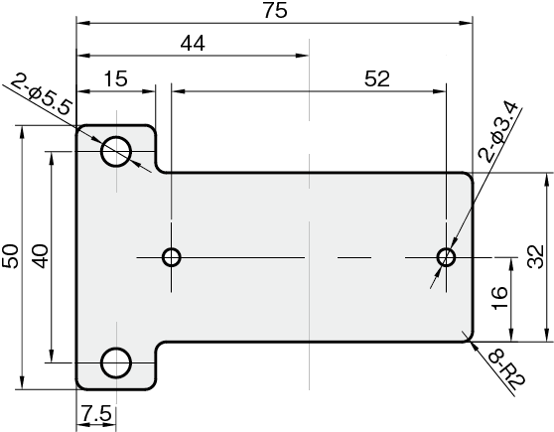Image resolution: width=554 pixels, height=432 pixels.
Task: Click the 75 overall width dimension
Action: coord(275,10)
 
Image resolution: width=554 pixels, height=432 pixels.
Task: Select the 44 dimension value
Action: coord(193,44)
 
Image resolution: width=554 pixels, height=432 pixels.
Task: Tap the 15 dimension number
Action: coord(116,78)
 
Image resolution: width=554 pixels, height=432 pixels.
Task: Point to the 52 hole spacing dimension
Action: coord(377,78)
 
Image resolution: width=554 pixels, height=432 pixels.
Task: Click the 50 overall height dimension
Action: coord(10,256)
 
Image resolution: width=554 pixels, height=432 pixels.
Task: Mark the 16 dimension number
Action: coord(500,298)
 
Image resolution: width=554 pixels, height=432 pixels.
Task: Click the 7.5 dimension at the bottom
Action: coord(96,413)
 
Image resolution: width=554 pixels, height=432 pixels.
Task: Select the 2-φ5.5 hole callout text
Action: coord(42,95)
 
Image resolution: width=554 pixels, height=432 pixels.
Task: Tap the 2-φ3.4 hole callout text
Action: coord(498,131)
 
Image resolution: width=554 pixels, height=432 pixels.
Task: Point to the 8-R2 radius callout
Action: coord(507,370)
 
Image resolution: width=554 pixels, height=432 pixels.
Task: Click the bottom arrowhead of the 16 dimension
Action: coord(511,335)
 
